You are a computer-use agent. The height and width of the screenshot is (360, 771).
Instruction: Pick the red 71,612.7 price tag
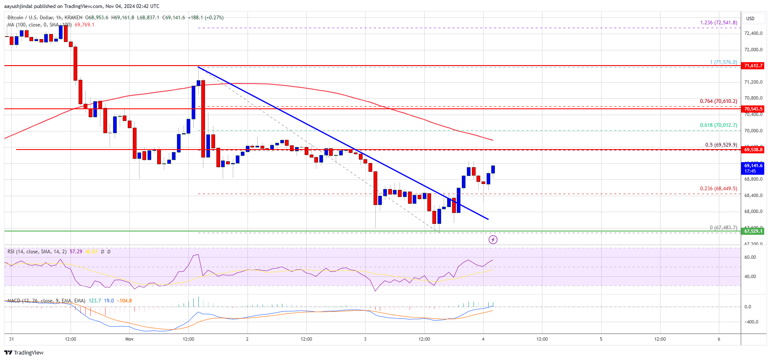(x=753, y=66)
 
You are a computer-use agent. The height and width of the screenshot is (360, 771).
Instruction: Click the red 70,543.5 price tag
(x=753, y=109)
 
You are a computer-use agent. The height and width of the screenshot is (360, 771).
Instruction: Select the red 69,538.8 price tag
(x=753, y=150)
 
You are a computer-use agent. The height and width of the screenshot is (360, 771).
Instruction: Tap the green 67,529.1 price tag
(x=753, y=231)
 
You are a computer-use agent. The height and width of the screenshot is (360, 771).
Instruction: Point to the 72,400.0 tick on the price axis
(x=753, y=33)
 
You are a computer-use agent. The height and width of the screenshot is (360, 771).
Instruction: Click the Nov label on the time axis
(x=129, y=339)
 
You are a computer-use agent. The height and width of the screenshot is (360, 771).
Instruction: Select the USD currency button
(x=750, y=18)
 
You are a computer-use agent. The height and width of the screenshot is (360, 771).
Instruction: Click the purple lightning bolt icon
(x=493, y=239)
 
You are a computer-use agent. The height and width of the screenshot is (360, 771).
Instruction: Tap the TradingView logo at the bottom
(x=24, y=352)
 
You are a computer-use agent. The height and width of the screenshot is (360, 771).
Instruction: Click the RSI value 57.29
(x=76, y=252)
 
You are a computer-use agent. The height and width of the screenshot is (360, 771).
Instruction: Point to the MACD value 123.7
(x=95, y=301)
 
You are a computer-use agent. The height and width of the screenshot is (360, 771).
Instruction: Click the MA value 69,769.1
(x=84, y=25)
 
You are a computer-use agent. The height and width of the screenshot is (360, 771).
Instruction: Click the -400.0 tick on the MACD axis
(x=751, y=322)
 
